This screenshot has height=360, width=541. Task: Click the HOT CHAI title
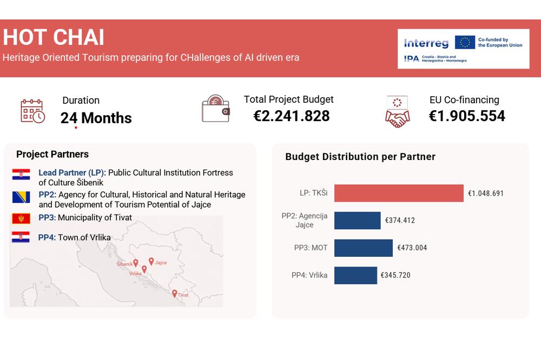click(x=54, y=37)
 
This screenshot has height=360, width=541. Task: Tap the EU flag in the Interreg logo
click(x=465, y=42)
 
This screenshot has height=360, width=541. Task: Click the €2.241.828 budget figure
click(x=292, y=116)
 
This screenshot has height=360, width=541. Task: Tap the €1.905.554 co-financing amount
click(x=467, y=116)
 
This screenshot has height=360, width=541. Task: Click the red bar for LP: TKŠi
click(x=399, y=193)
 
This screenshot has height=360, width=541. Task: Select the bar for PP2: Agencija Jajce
click(x=358, y=221)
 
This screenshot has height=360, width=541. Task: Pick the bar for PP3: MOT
click(x=364, y=248)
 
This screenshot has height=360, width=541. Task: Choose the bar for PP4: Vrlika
click(x=356, y=275)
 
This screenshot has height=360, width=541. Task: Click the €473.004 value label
click(x=412, y=248)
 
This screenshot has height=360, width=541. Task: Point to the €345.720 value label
click(x=395, y=275)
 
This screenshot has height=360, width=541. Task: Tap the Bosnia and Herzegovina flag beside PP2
click(x=21, y=197)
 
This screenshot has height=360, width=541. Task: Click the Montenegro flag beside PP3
click(x=21, y=218)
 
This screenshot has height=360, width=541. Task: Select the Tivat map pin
click(x=175, y=294)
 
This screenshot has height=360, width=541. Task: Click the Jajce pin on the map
click(x=151, y=262)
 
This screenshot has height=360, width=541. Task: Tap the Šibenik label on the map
click(x=124, y=264)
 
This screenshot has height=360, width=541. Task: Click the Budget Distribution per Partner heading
click(x=360, y=157)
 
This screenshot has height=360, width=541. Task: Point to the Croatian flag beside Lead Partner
click(x=21, y=175)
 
